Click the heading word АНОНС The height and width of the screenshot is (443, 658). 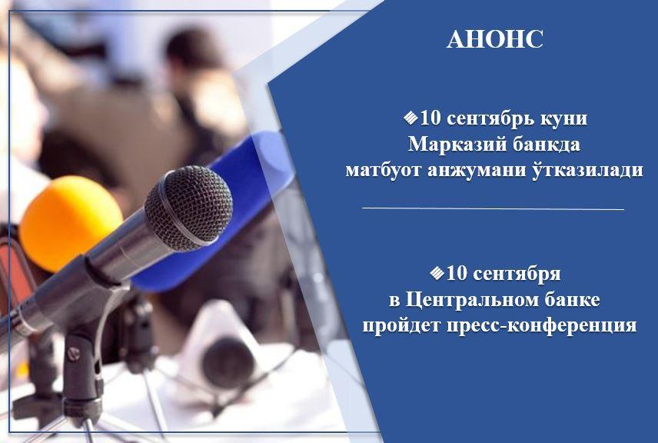click(495, 39)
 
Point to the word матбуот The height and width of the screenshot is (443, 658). click(383, 171)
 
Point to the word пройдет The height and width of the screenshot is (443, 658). click(401, 326)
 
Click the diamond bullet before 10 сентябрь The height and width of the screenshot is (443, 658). click(410, 118)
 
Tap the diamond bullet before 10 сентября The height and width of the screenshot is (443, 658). click(437, 273)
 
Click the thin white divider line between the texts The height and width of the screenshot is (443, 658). click(493, 208)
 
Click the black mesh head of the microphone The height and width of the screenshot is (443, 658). click(189, 208)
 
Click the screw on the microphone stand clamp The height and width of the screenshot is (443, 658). click(74, 354)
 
